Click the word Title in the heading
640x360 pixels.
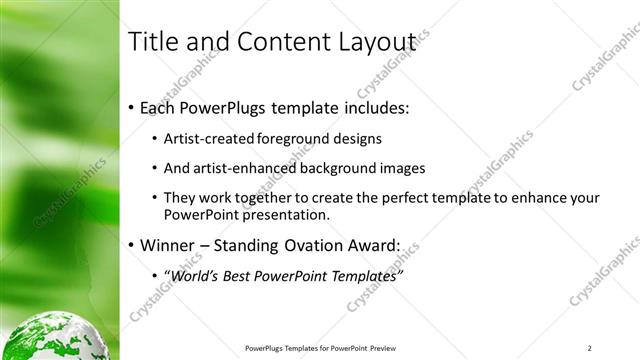[152, 41]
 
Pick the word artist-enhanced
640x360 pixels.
[242, 168]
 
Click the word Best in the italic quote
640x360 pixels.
[247, 274]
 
